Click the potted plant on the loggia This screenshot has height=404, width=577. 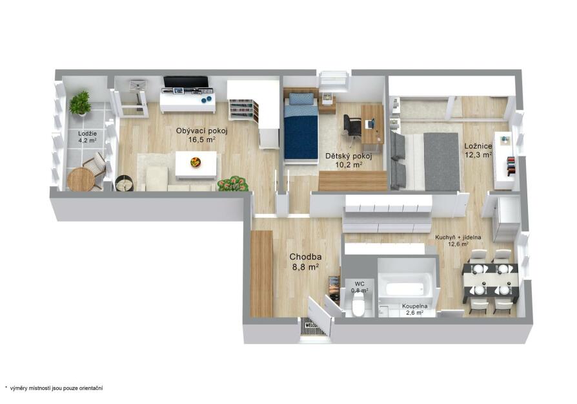[x=80, y=103]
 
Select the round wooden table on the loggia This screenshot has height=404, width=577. [x=81, y=180]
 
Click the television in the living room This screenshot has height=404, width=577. [x=185, y=82]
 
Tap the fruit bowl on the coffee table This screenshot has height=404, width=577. [x=196, y=162]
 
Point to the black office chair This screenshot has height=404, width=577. [x=352, y=127]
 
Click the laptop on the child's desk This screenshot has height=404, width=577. [x=370, y=123]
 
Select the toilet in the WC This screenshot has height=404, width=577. [x=358, y=306]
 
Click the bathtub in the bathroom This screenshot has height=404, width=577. [x=407, y=284]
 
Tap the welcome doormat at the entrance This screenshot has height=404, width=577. [x=313, y=326]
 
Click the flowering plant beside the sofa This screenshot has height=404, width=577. [x=232, y=184]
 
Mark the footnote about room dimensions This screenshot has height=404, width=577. [x=54, y=388]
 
